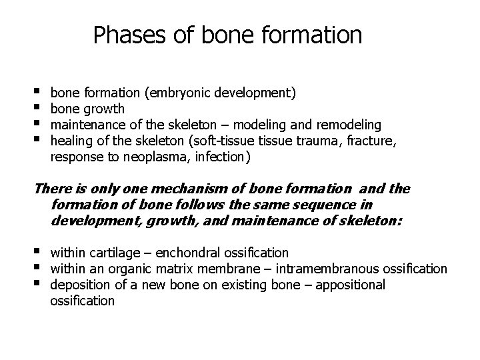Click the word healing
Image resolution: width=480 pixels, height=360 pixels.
[x=69, y=140]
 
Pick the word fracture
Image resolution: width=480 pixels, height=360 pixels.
[x=371, y=140]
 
